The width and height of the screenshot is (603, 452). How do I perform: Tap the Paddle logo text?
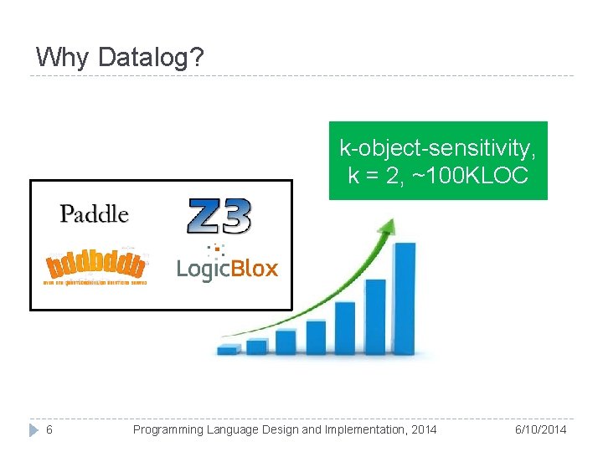pos(94,214)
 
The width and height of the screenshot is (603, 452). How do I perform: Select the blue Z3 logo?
pos(218,216)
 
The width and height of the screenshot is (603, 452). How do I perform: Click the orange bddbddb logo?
pos(95,267)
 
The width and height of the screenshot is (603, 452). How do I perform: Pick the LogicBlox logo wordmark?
pos(227,270)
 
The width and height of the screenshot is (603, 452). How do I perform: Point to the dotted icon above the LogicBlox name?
pos(217,249)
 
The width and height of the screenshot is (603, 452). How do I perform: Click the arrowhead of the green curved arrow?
pos(388,225)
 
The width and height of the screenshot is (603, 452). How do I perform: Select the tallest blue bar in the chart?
pos(405,297)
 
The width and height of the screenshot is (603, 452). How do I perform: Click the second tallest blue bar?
pos(375,316)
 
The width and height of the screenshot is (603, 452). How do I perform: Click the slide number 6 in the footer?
pos(49,429)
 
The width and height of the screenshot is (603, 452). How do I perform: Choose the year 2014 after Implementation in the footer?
pos(422,429)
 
